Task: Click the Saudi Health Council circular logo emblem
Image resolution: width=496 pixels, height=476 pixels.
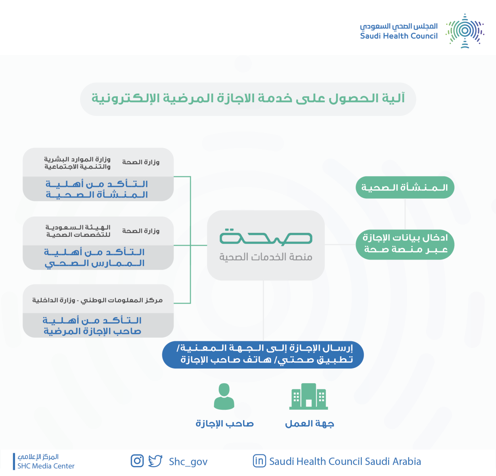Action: [465, 31]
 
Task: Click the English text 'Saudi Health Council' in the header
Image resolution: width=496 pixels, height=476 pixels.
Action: [398, 36]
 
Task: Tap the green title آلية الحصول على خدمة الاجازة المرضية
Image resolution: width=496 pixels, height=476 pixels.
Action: [248, 99]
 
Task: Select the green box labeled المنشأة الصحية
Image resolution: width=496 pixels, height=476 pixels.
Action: [405, 187]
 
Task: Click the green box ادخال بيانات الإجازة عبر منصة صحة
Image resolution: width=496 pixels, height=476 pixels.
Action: [405, 244]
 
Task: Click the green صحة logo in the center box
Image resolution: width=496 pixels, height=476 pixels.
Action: [266, 237]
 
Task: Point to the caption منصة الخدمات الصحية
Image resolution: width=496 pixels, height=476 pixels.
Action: [266, 257]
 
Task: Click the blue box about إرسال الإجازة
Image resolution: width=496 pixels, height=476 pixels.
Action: [263, 355]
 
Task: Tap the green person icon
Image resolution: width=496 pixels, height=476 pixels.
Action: [224, 396]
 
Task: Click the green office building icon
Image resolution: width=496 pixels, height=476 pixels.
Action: [308, 396]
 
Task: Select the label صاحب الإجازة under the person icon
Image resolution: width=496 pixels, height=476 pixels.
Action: [224, 424]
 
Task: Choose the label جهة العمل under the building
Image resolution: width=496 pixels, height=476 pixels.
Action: [309, 424]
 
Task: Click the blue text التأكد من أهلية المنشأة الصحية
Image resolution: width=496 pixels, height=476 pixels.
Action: [97, 189]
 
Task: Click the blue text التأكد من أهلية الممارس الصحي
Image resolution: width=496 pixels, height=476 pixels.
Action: [94, 257]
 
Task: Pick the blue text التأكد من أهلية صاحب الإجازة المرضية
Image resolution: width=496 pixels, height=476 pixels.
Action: [92, 326]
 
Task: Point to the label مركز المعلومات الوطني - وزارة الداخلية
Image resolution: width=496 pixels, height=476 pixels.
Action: [98, 300]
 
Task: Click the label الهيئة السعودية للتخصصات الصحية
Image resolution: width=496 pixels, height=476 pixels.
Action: [78, 231]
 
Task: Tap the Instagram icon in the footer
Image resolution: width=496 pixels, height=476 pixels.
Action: [137, 461]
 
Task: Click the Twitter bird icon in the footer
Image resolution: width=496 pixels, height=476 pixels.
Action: [155, 461]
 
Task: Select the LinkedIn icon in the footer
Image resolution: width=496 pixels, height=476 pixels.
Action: [259, 461]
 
